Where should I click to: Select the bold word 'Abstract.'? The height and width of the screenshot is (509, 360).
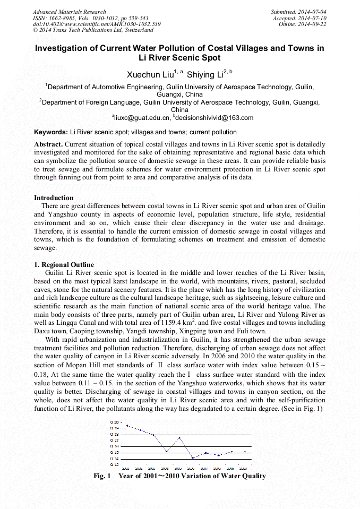point(48,144)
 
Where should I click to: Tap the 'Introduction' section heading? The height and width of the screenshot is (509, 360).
point(54,198)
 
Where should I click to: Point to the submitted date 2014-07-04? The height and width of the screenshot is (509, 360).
point(312,12)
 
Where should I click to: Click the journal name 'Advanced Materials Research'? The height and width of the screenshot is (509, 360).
point(70,12)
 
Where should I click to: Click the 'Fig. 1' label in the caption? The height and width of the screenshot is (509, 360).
point(101,476)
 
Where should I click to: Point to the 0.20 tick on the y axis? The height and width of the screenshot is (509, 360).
point(115,422)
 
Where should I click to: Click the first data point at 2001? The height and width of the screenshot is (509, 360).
point(127,426)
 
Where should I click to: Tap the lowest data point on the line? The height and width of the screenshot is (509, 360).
point(192,458)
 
